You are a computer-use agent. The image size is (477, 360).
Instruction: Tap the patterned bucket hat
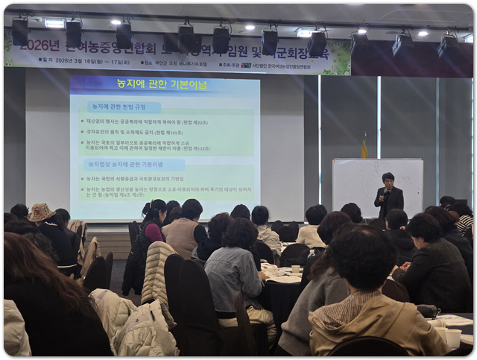click(40, 213)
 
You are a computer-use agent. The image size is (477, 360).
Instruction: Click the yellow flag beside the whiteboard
click(364, 149)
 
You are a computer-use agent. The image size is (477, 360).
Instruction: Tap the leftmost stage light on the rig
click(20, 31)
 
